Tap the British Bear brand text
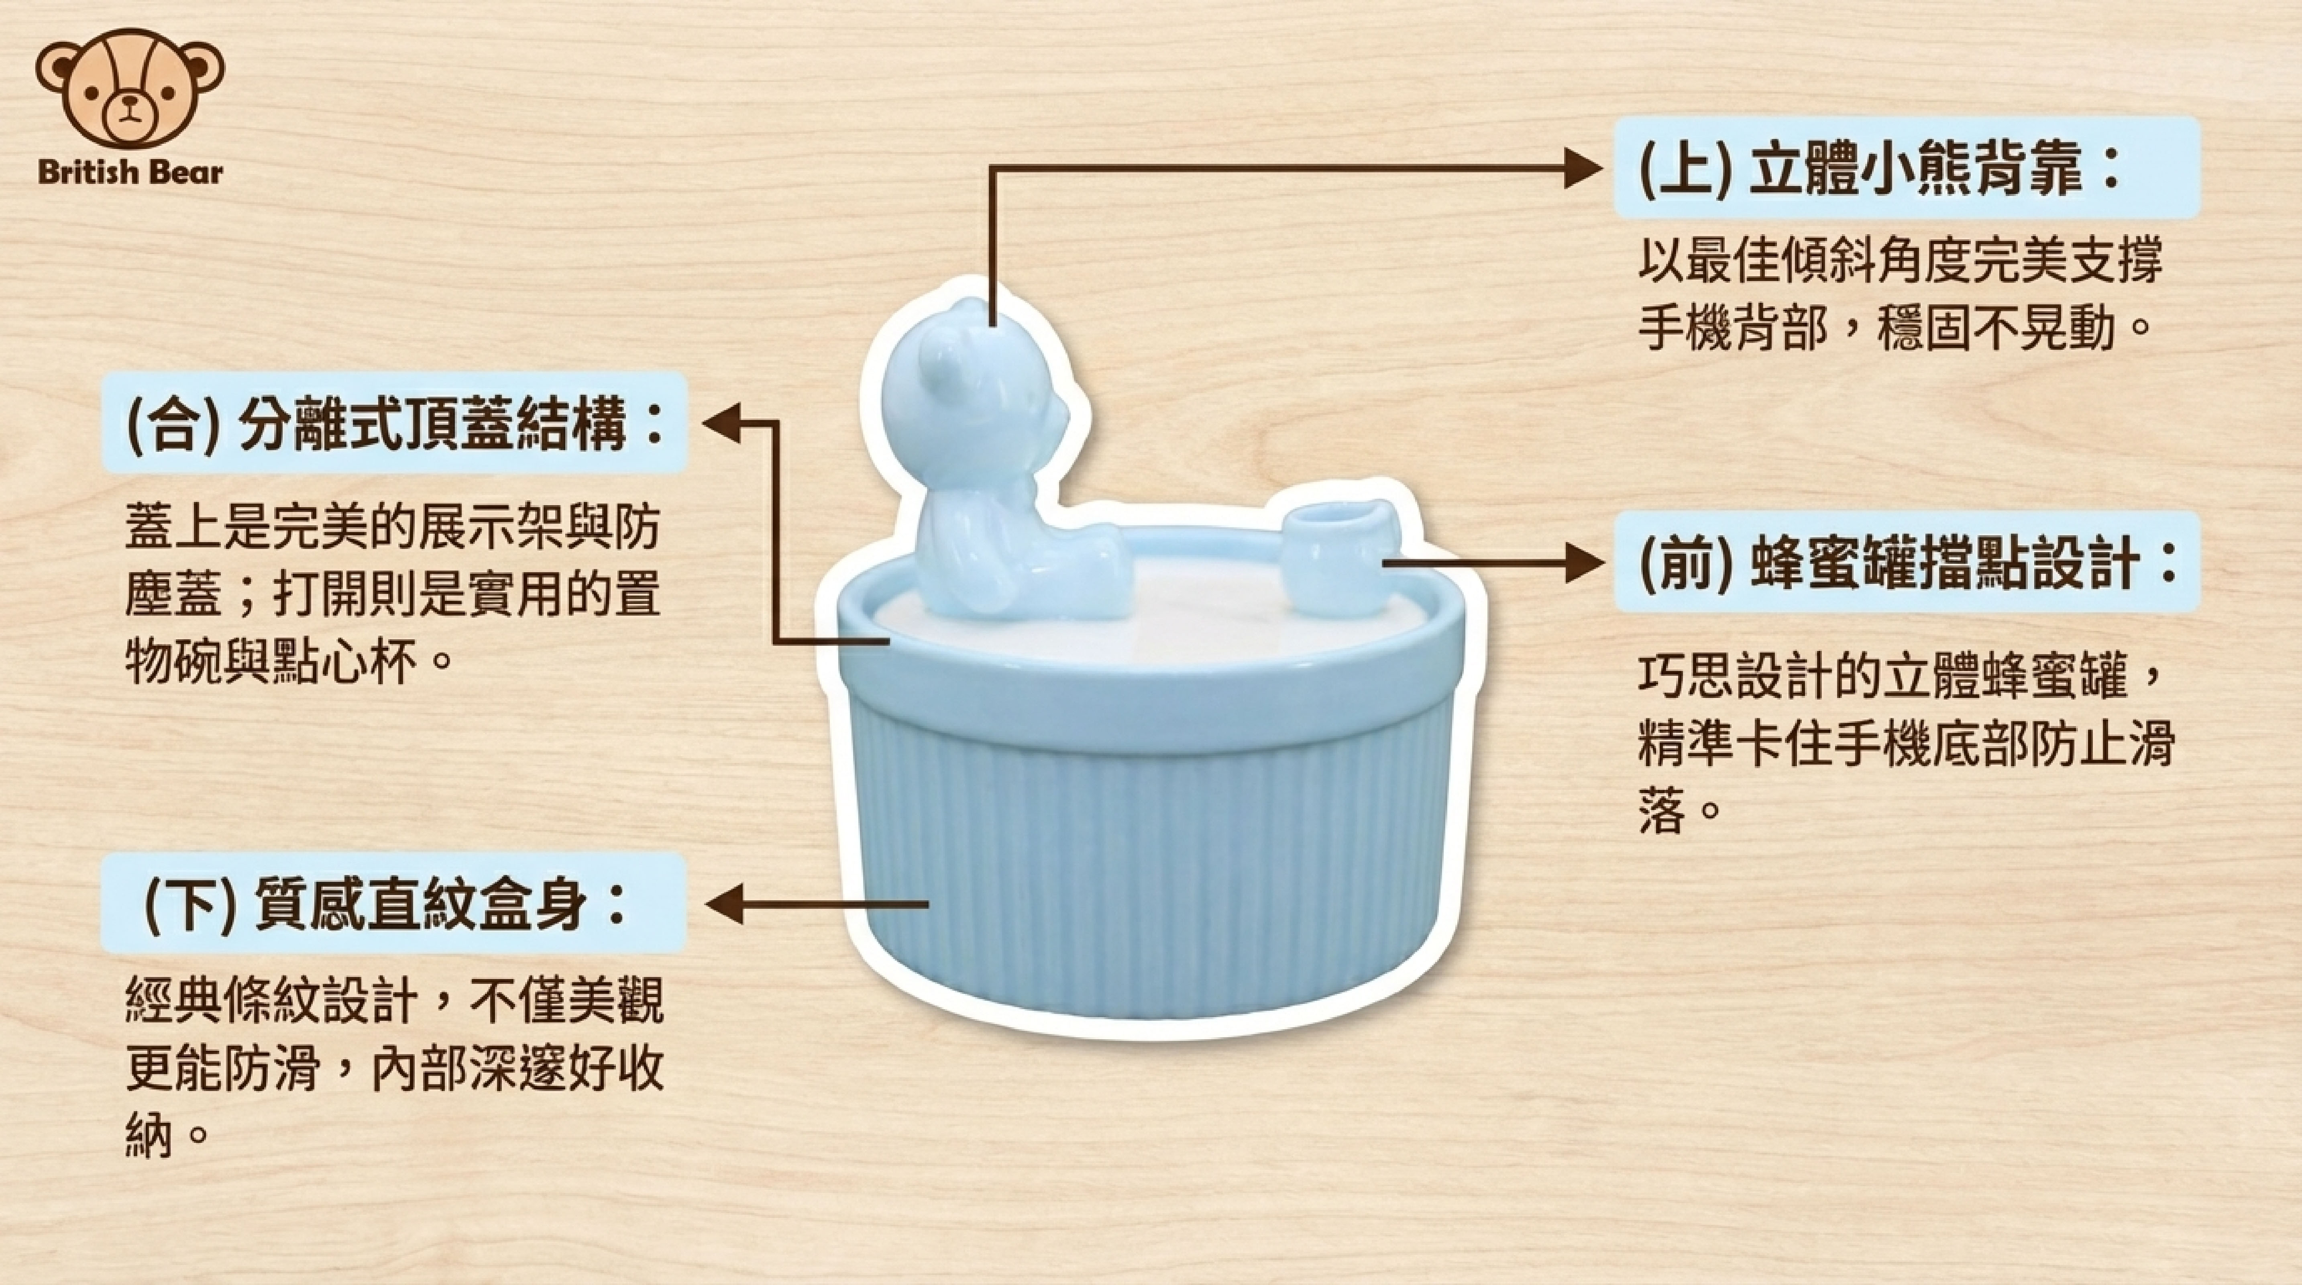pyautogui.click(x=130, y=172)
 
